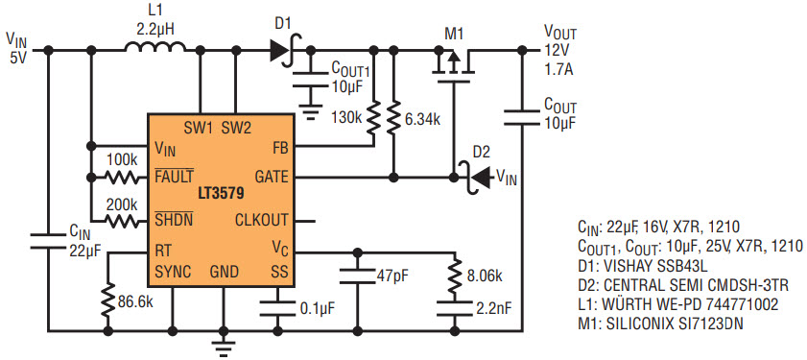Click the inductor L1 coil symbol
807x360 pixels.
pos(155,46)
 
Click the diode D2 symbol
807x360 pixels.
pos(473,179)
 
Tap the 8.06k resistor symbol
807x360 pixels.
pos(455,276)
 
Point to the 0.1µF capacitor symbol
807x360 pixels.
pos(277,308)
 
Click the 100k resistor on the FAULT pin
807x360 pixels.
pos(122,179)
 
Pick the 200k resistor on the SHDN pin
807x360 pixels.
pos(122,222)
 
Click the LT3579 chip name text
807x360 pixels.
pos(222,195)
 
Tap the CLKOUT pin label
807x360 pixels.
pos(261,221)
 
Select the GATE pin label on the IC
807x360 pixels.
pos(272,177)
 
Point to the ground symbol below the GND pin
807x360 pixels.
pos(224,348)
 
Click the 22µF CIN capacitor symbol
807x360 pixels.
pos(48,241)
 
